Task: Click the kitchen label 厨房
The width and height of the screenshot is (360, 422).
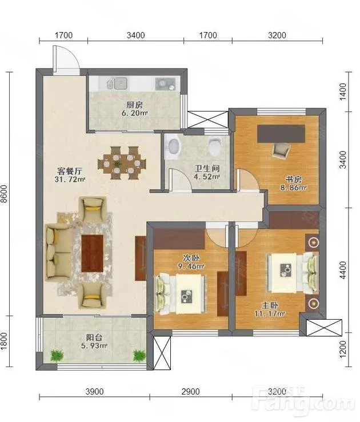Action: (134, 105)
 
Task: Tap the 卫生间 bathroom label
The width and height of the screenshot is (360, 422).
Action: (207, 169)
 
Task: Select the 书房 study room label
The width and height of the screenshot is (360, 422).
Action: (293, 179)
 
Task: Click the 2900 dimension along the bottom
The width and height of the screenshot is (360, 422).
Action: (191, 392)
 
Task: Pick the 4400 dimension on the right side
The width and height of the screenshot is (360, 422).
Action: (343, 270)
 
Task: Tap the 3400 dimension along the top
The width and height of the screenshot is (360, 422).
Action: (136, 35)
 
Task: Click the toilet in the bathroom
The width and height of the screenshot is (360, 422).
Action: (215, 147)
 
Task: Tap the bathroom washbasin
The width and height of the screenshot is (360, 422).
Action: (174, 146)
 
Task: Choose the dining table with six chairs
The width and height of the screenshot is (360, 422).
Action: (122, 163)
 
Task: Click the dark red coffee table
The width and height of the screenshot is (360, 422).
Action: (92, 253)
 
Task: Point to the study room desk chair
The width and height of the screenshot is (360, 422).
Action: (281, 150)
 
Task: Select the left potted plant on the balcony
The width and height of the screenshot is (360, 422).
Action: (57, 356)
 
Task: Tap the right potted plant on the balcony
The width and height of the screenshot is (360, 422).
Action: (139, 356)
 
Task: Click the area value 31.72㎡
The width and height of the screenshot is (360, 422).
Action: (70, 179)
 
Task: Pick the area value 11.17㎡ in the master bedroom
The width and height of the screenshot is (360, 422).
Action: (270, 313)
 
